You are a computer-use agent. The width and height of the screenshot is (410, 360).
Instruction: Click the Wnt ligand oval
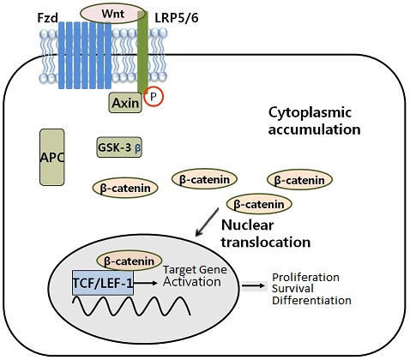click(113, 14)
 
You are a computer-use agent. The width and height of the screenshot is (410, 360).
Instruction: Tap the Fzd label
click(48, 18)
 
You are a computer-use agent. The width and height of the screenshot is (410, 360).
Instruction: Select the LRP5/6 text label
click(177, 18)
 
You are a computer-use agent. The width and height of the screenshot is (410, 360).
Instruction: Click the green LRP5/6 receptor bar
click(142, 52)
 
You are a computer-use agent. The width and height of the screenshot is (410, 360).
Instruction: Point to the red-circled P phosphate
click(154, 97)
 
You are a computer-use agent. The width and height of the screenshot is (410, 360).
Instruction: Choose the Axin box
click(125, 102)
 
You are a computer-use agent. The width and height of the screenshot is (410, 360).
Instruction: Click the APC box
click(51, 157)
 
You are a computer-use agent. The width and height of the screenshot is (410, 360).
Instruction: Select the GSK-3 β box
click(119, 147)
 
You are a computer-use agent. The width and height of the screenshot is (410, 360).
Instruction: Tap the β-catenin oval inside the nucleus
click(130, 261)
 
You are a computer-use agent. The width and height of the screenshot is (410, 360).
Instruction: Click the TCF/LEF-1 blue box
click(103, 283)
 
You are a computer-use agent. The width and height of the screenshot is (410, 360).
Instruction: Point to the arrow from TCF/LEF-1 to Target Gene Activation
click(146, 283)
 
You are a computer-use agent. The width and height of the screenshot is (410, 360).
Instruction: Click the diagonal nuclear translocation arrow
click(207, 222)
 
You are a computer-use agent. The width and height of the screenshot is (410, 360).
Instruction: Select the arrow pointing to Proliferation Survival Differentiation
click(255, 285)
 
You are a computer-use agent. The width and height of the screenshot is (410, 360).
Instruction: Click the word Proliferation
click(305, 278)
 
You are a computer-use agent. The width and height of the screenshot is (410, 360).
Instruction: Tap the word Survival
click(292, 289)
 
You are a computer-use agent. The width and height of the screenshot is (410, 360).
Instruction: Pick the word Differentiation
click(311, 300)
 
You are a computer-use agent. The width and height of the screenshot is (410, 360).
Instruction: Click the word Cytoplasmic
click(310, 112)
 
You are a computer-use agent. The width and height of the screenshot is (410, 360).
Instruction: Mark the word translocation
click(266, 242)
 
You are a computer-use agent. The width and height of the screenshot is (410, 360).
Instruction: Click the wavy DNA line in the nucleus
click(132, 306)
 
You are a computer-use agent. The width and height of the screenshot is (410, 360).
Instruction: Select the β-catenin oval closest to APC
click(125, 188)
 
